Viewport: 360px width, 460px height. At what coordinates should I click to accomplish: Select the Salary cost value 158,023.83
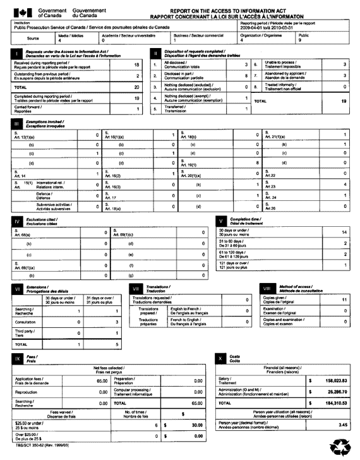tap(331, 381)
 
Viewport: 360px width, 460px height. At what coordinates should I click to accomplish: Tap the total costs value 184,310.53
tap(331, 402)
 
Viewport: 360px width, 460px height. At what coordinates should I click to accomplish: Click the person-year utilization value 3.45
tap(343, 426)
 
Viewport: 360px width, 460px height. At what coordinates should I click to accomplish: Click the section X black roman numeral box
tap(220, 358)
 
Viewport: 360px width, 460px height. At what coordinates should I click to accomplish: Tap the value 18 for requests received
tap(136, 64)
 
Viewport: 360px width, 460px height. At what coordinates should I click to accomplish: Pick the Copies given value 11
tap(344, 300)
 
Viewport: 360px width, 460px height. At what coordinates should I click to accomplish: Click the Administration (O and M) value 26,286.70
tap(331, 392)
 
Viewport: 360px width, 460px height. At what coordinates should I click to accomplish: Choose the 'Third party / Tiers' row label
tap(26, 332)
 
